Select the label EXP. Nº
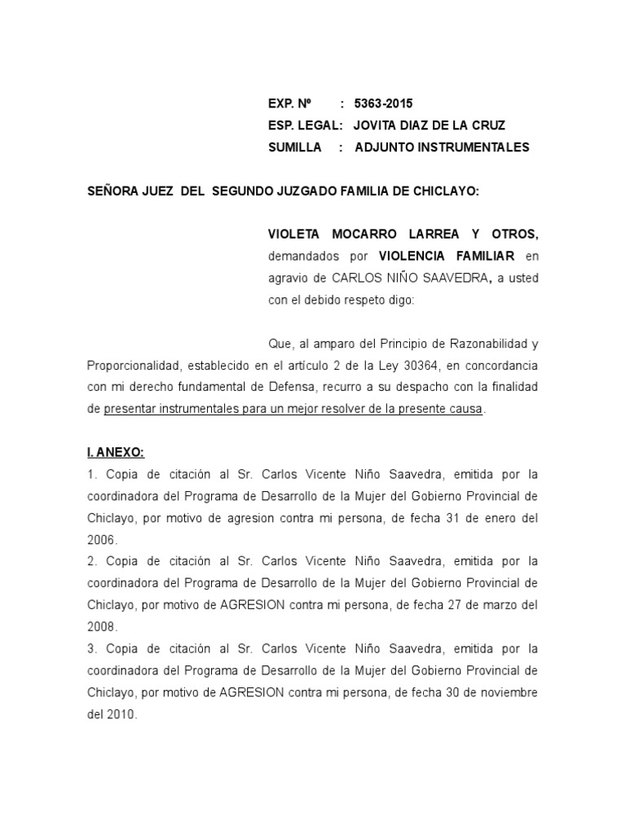290,103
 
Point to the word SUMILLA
294,147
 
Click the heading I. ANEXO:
116,452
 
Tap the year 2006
103,539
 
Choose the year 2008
103,626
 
